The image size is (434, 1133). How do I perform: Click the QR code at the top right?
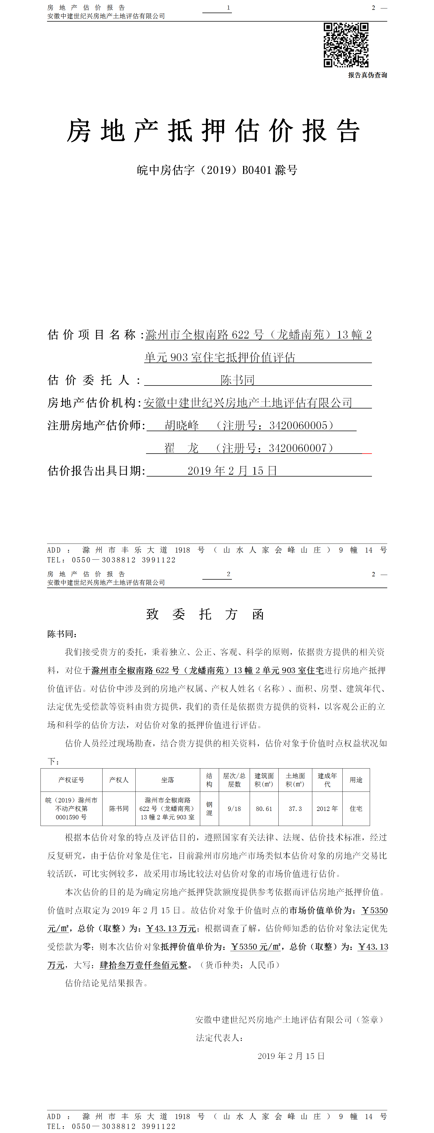click(346, 45)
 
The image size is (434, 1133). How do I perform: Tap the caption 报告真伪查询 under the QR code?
click(367, 75)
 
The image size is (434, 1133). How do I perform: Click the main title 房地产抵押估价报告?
click(214, 131)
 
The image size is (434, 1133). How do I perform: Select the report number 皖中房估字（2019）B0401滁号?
click(217, 170)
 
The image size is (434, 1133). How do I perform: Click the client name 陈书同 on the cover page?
click(237, 380)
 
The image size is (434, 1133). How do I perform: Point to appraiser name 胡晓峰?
click(182, 425)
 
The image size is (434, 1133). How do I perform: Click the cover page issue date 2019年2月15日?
click(232, 471)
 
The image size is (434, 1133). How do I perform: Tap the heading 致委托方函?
click(205, 614)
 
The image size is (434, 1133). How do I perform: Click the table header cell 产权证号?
click(71, 780)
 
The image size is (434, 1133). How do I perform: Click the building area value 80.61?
click(264, 809)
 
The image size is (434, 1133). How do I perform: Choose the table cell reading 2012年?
click(327, 809)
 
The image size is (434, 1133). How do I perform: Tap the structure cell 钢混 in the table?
click(209, 809)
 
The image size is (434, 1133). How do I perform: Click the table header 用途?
click(356, 780)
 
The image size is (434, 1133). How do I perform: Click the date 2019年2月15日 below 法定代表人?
click(291, 1056)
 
